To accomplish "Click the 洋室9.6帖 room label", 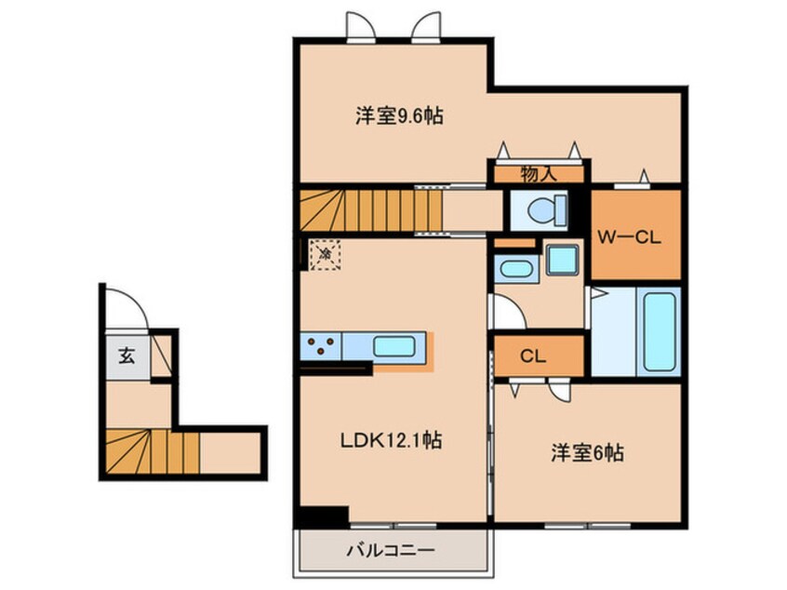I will pyautogui.click(x=397, y=117).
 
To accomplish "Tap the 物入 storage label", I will pyautogui.click(x=539, y=173).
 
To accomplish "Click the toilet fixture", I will pyautogui.click(x=541, y=209).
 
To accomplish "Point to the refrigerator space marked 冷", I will pyautogui.click(x=326, y=253).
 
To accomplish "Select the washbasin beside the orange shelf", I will pyautogui.click(x=514, y=271).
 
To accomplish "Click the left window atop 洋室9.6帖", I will pyautogui.click(x=359, y=25).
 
